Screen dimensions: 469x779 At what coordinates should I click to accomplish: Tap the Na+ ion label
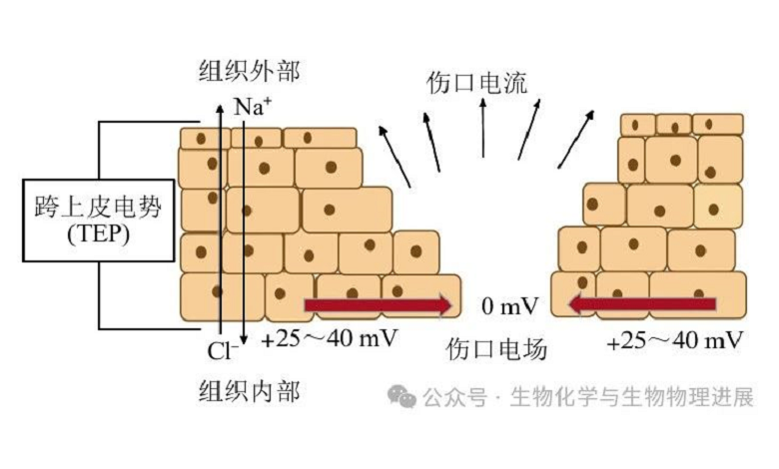click(x=253, y=105)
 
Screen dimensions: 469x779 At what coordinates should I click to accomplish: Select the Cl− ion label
click(x=225, y=350)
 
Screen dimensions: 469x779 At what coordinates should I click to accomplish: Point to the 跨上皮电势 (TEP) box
click(x=82, y=222)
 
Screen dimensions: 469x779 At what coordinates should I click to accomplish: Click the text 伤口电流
click(x=476, y=82)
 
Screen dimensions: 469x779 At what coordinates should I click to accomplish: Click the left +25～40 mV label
click(x=330, y=338)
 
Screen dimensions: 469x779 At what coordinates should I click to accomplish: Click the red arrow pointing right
click(x=378, y=304)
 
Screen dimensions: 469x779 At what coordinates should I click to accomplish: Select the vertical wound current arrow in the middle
click(x=483, y=130)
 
